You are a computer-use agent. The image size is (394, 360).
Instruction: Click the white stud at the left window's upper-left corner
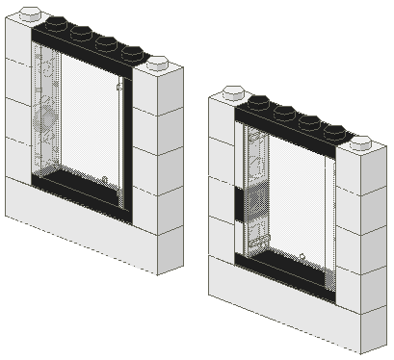pos(30,13)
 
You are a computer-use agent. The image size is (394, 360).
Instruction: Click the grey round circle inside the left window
pos(43,119)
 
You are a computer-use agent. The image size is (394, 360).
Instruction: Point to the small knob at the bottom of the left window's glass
pos(104,179)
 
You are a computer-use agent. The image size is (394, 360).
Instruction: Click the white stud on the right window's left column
pos(232,93)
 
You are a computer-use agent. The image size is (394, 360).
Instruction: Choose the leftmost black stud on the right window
pos(258,101)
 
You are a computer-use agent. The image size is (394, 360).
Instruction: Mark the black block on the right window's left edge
pos(237,204)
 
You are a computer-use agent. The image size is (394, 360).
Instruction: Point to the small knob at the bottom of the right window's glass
pos(302,255)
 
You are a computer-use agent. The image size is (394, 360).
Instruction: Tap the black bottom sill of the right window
pos(284,270)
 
